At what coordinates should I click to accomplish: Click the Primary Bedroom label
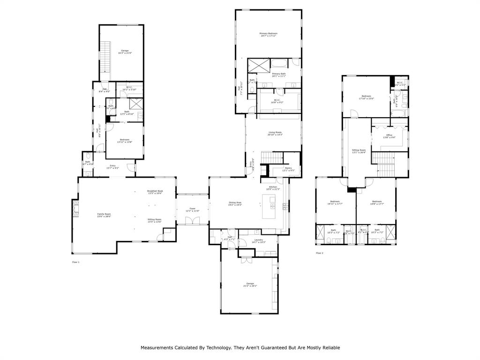[269, 33]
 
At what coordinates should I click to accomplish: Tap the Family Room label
[104, 214]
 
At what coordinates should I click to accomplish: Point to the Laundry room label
[259, 240]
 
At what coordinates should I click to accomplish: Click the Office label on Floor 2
[389, 135]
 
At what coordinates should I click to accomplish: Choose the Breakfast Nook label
[155, 191]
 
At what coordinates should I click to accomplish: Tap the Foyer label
[192, 208]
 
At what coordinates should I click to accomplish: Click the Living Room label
[275, 132]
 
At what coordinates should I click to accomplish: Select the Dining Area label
[235, 202]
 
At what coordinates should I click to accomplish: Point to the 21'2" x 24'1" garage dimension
[250, 285]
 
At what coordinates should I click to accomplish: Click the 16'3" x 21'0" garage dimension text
[125, 53]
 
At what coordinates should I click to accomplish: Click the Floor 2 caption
[319, 253]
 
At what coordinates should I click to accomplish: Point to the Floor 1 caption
[75, 262]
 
